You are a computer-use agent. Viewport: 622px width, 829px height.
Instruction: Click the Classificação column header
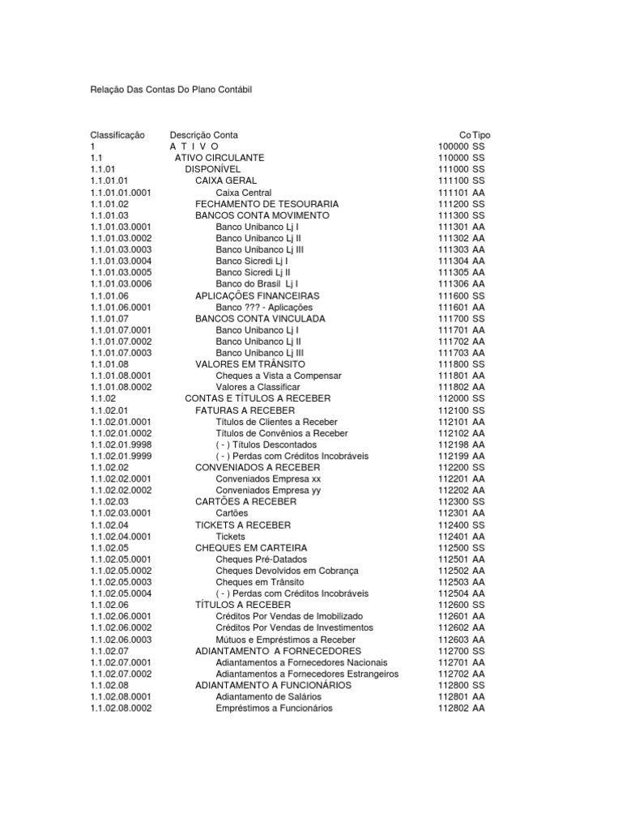coord(117,135)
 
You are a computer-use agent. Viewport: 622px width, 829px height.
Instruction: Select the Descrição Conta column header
coord(204,135)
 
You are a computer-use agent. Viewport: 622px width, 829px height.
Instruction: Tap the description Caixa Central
coord(244,193)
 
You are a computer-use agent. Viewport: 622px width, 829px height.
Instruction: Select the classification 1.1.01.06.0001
coord(121,308)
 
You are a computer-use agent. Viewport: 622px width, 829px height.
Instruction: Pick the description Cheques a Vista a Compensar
coord(279,376)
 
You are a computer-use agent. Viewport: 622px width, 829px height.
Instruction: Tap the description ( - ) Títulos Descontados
coord(266,444)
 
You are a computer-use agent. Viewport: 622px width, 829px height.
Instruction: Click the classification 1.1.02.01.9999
coord(121,456)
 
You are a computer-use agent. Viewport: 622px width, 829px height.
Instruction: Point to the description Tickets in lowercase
coord(230,536)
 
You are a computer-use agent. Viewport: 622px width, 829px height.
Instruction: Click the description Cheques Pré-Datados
coord(262,559)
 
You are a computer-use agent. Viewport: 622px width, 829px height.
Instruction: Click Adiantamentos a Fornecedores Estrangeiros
coord(307,673)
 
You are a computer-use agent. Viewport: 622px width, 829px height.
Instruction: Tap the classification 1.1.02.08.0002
coord(121,708)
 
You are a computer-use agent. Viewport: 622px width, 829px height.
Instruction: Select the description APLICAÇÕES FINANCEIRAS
coord(258,296)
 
